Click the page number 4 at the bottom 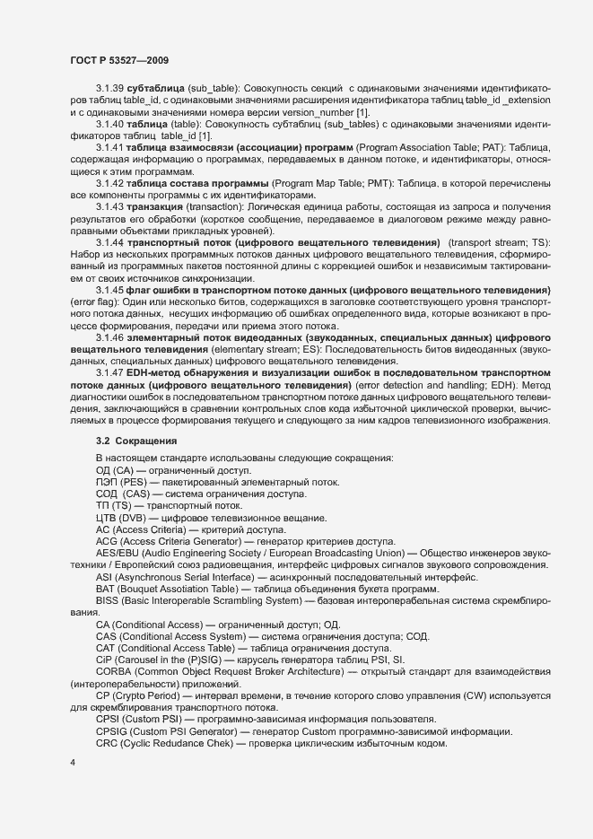click(x=73, y=762)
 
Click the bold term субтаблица click(x=155, y=92)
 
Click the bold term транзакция click(x=155, y=206)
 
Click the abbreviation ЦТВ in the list click(x=108, y=518)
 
